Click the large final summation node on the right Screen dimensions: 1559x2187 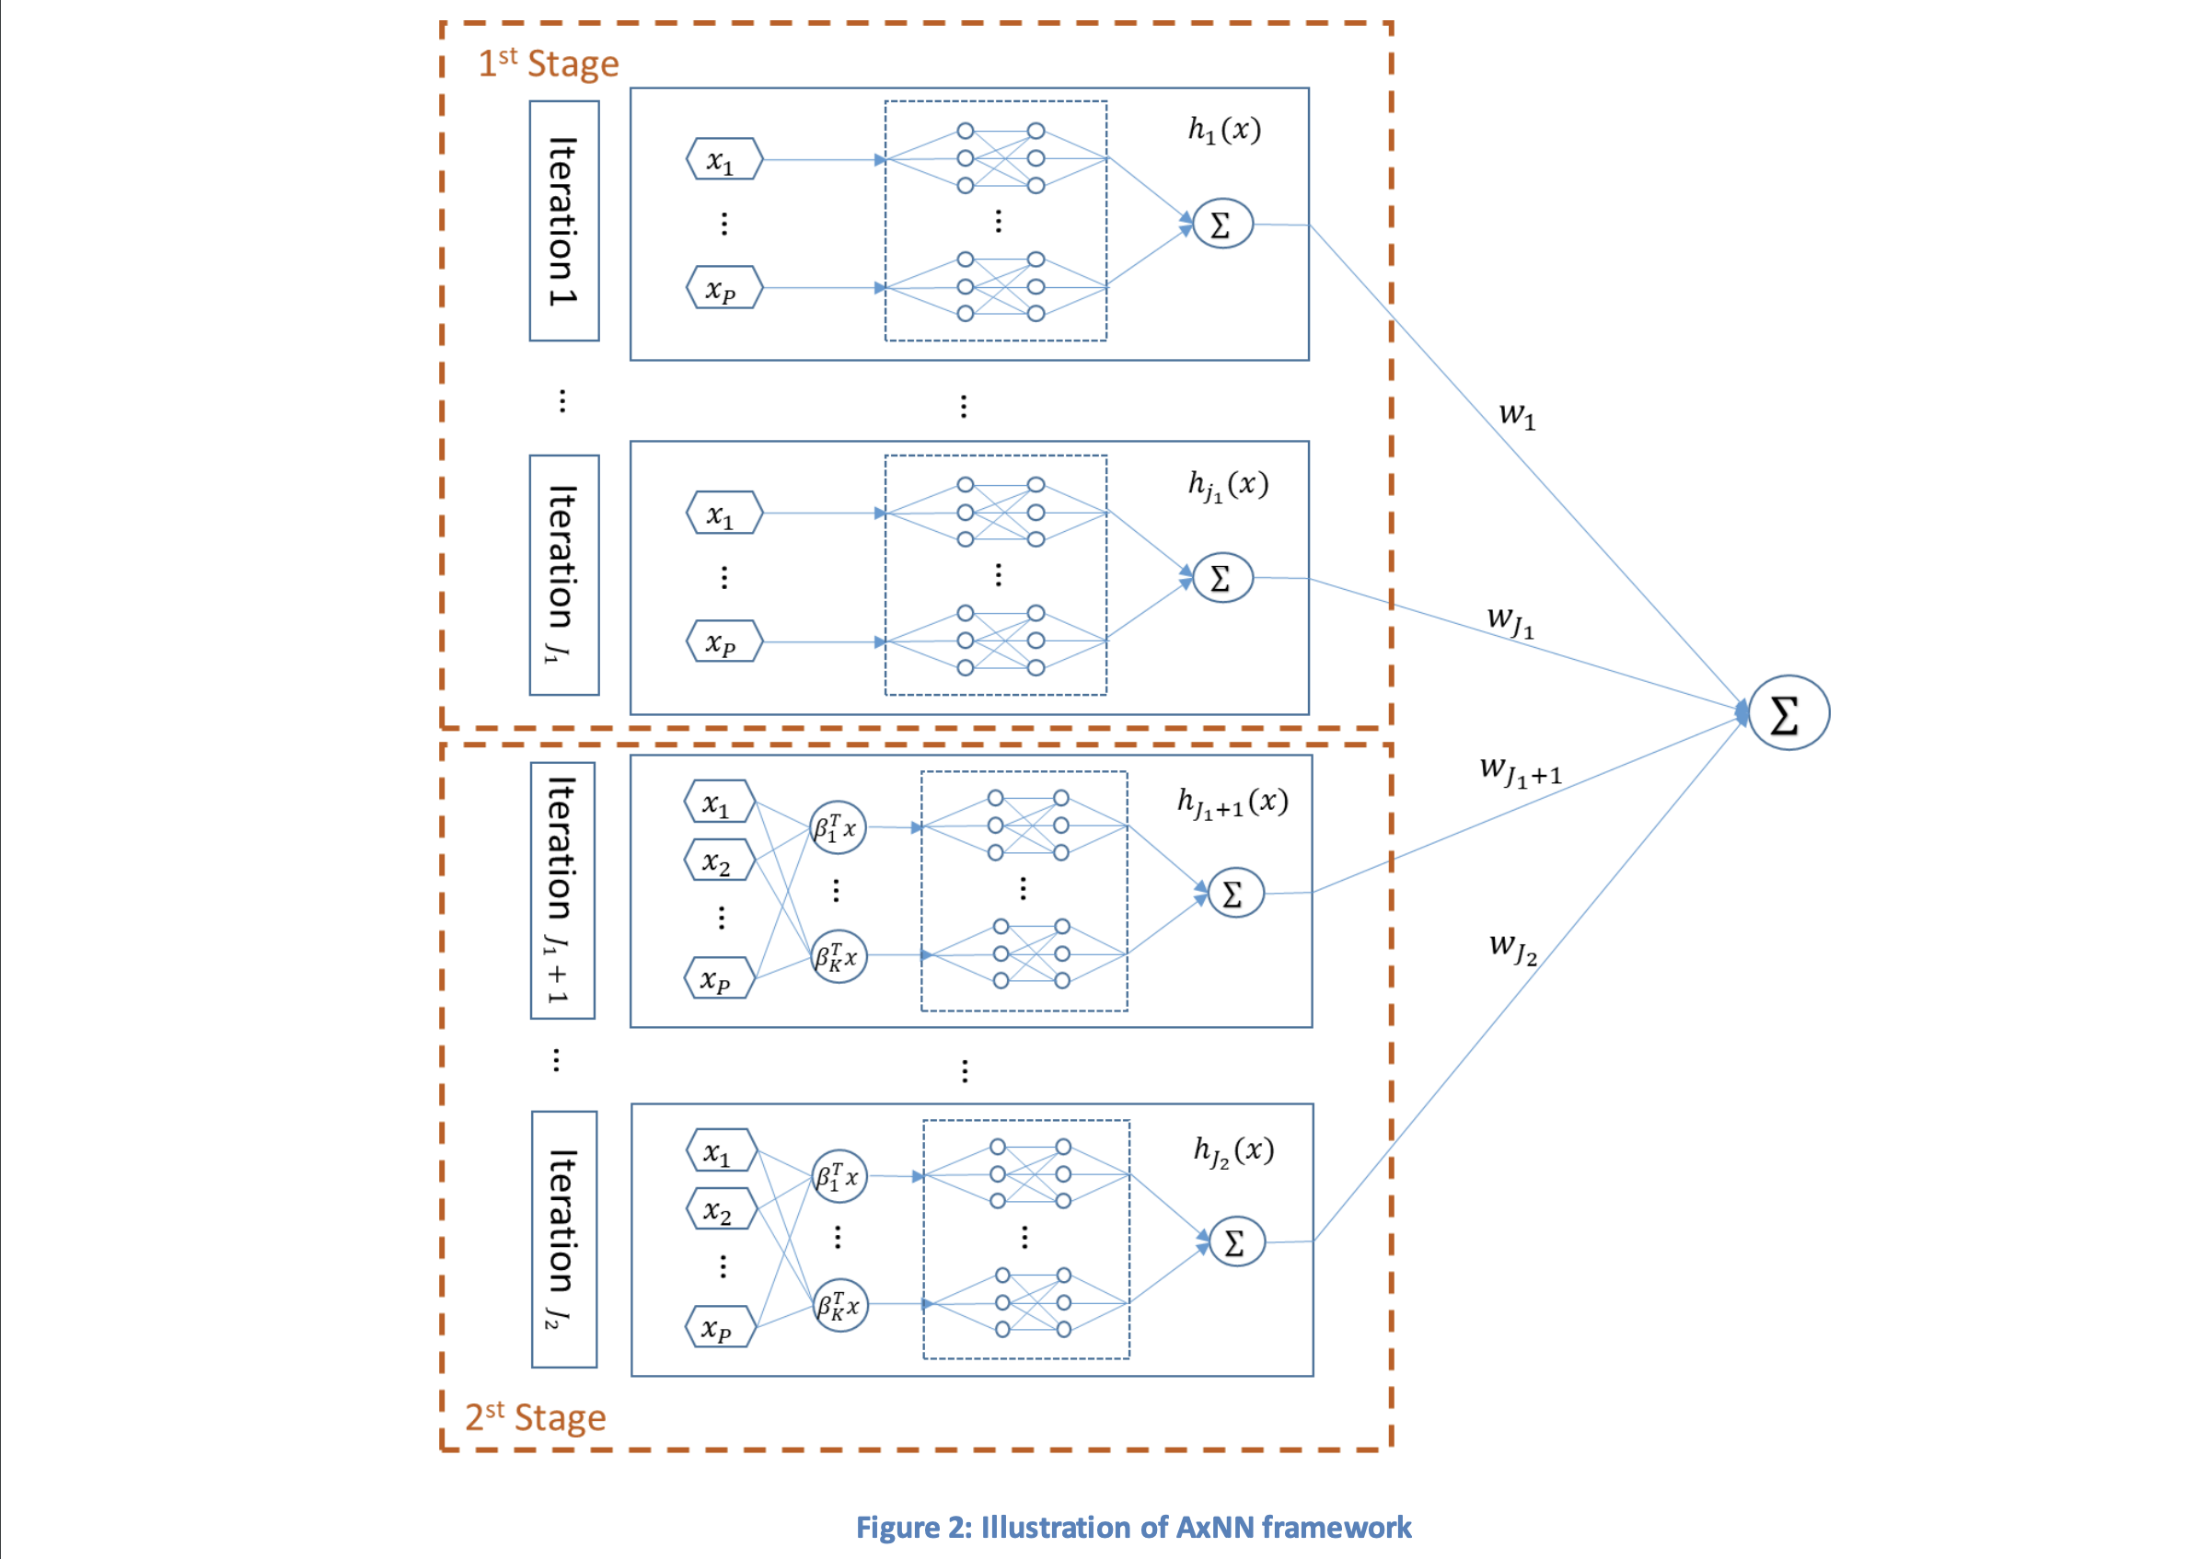pyautogui.click(x=1788, y=712)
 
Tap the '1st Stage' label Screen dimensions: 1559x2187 pyautogui.click(x=549, y=64)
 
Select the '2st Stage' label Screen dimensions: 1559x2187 pyautogui.click(x=535, y=1417)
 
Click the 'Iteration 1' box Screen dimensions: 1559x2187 pyautogui.click(x=563, y=221)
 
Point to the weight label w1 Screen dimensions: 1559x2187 pyautogui.click(x=1517, y=415)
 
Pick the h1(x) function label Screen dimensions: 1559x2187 pyautogui.click(x=1224, y=129)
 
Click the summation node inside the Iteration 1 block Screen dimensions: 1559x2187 pyautogui.click(x=1222, y=224)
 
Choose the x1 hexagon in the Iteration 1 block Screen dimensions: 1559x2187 pyautogui.click(x=723, y=159)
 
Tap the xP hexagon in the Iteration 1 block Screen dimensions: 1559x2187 pyautogui.click(x=723, y=288)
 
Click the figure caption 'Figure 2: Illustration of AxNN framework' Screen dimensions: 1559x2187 pyautogui.click(x=1133, y=1527)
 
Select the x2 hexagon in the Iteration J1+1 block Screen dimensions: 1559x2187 pyautogui.click(x=719, y=861)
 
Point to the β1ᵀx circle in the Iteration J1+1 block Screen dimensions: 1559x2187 pyautogui.click(x=838, y=827)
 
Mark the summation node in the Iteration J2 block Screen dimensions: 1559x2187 pyautogui.click(x=1235, y=1241)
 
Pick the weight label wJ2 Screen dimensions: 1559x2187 pyautogui.click(x=1513, y=948)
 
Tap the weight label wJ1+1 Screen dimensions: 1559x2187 pyautogui.click(x=1521, y=771)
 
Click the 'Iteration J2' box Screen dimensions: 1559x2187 pyautogui.click(x=563, y=1239)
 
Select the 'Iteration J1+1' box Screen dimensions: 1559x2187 pyautogui.click(x=562, y=890)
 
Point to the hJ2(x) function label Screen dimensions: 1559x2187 pyautogui.click(x=1233, y=1151)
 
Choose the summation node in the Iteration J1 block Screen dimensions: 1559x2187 pyautogui.click(x=1222, y=578)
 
